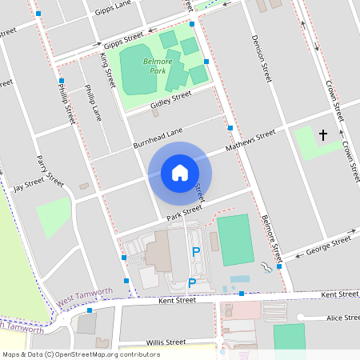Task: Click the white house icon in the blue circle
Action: pyautogui.click(x=180, y=172)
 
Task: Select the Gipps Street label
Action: pyautogui.click(x=122, y=38)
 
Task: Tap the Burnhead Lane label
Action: pyautogui.click(x=158, y=138)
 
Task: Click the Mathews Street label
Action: pyautogui.click(x=250, y=140)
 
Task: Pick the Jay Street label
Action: pyautogui.click(x=29, y=185)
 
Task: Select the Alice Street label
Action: pyautogui.click(x=342, y=318)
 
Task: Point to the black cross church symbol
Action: pyautogui.click(x=323, y=135)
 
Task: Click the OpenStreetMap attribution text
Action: pyautogui.click(x=81, y=354)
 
